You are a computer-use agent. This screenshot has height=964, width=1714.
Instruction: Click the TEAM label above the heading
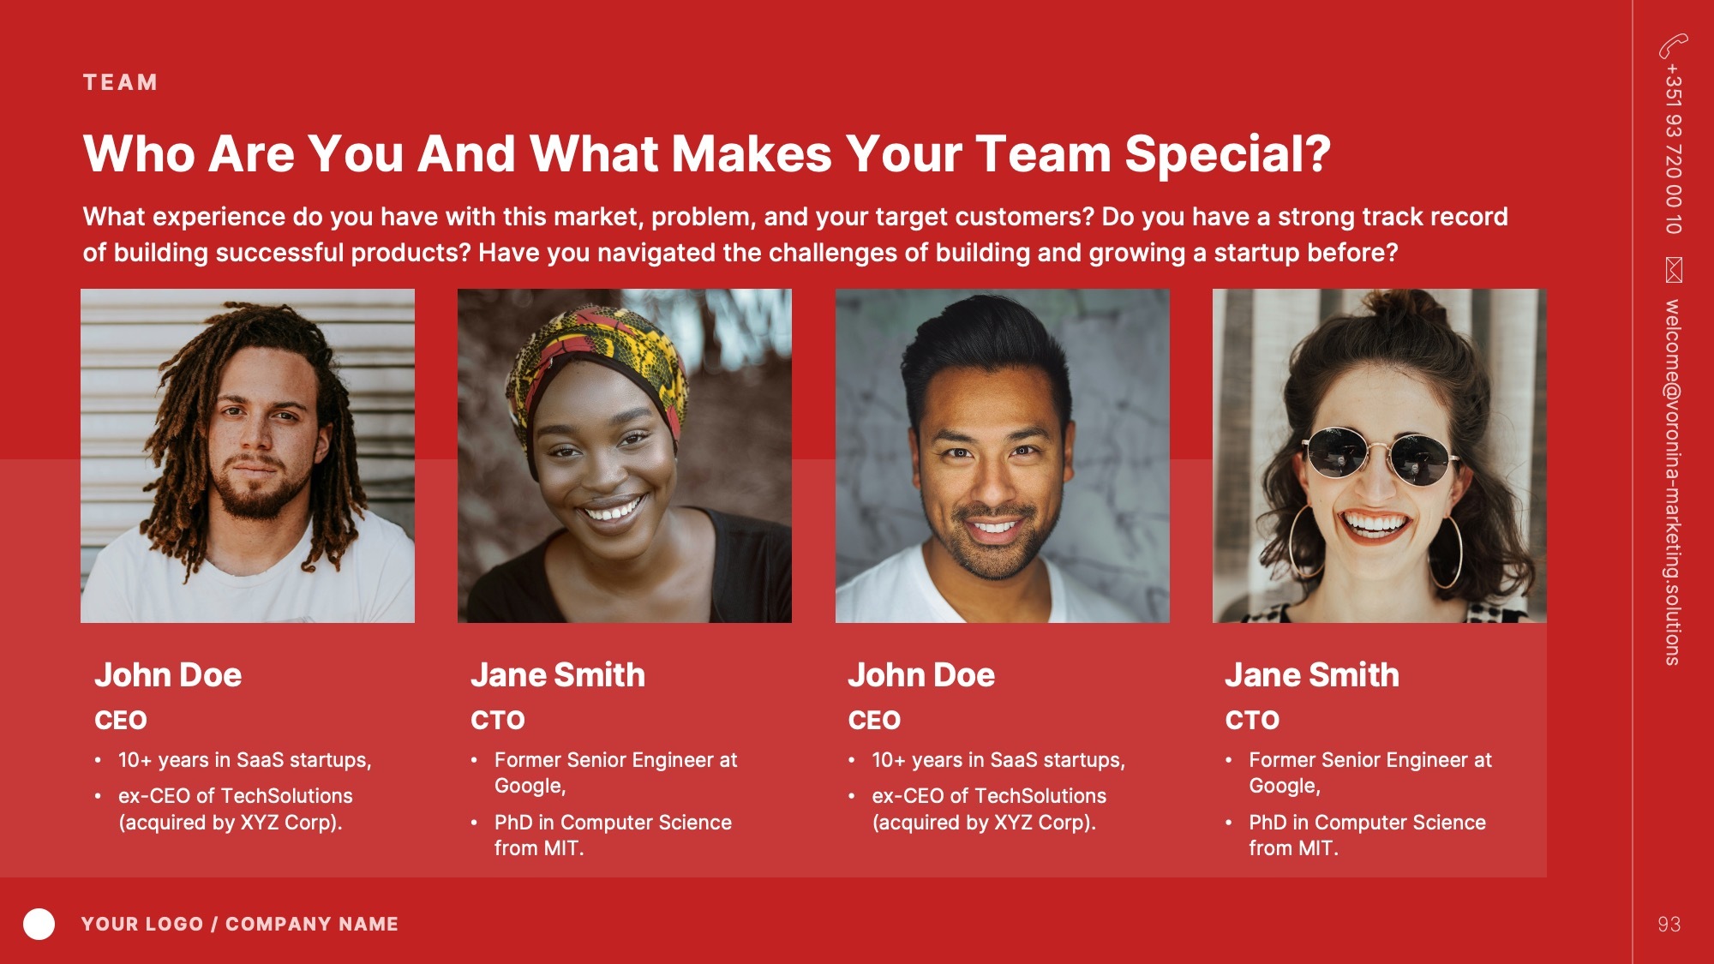[120, 82]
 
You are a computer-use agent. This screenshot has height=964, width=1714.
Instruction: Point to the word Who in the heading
[138, 154]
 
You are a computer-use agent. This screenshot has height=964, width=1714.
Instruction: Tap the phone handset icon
[1673, 45]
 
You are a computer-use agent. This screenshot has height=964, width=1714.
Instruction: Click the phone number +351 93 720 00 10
[1673, 148]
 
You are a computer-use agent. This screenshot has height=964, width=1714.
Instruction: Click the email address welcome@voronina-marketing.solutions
[1673, 482]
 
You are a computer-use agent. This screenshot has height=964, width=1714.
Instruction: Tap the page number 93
[1669, 924]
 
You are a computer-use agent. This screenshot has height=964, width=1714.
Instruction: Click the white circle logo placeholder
[39, 924]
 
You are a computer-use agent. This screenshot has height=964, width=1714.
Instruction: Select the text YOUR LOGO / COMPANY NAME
[240, 924]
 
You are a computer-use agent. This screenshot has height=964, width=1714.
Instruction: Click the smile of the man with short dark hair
[994, 526]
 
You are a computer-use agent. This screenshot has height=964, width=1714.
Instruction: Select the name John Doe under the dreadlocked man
[168, 675]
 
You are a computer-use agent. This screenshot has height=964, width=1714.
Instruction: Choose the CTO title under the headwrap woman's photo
[497, 720]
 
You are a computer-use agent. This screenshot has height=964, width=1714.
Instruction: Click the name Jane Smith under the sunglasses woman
[1312, 675]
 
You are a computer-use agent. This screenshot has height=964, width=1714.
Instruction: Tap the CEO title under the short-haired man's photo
[874, 720]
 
